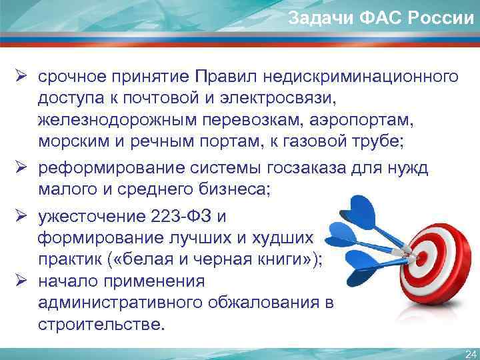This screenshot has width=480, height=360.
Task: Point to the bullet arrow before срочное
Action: tap(21, 77)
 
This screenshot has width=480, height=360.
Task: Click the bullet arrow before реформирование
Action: tap(21, 169)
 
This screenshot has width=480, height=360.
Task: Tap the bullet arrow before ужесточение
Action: tap(21, 217)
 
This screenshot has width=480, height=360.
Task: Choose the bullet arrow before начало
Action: tap(21, 281)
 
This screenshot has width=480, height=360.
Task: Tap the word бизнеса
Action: tap(235, 189)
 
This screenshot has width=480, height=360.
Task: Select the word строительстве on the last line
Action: tap(99, 325)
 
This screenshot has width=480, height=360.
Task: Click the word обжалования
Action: tap(267, 303)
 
